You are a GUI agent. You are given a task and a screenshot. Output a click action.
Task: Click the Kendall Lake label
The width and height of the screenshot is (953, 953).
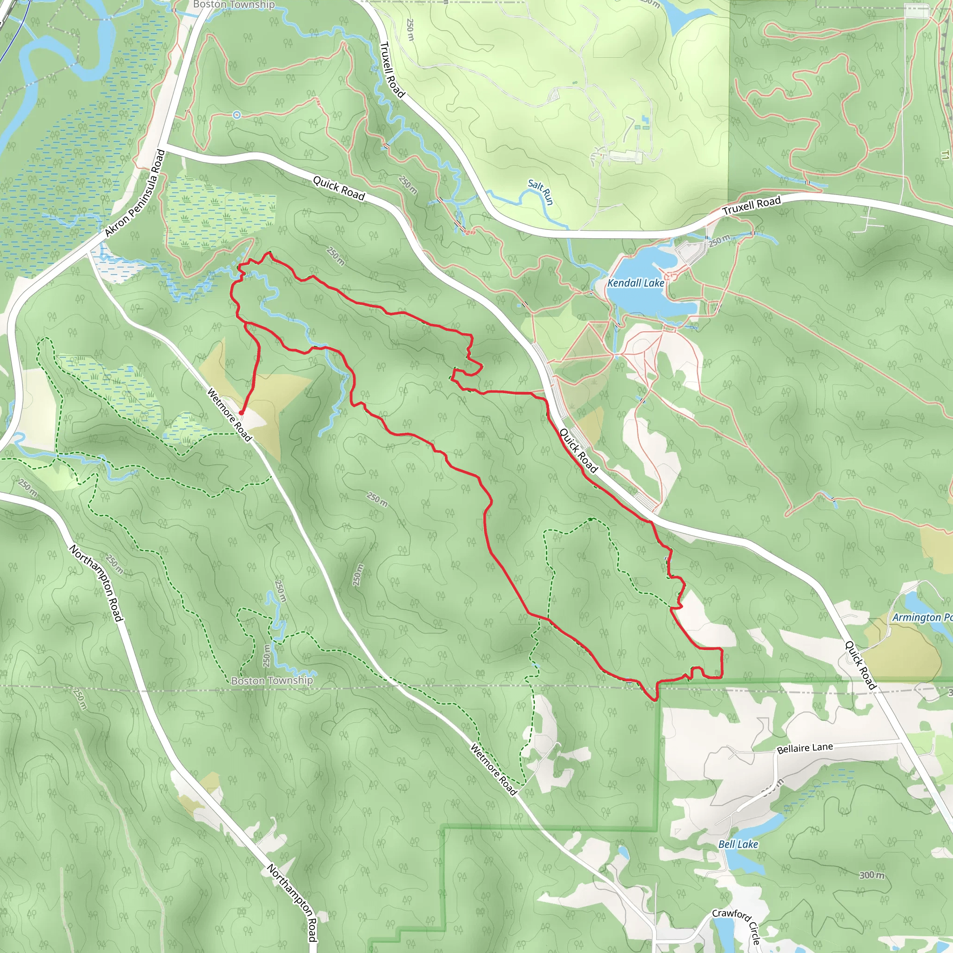[635, 283]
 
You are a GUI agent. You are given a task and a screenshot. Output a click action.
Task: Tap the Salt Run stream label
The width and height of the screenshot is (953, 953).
[541, 192]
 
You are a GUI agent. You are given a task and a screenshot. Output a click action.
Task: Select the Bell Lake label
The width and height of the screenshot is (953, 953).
[738, 844]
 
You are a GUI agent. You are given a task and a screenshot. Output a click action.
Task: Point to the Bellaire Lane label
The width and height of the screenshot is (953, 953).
[805, 748]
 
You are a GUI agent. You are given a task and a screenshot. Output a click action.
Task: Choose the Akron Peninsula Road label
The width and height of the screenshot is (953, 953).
[134, 193]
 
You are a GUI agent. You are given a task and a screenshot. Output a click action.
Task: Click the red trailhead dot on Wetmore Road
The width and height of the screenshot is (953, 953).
[242, 412]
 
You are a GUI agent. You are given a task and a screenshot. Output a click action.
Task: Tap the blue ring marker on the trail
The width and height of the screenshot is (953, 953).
[237, 115]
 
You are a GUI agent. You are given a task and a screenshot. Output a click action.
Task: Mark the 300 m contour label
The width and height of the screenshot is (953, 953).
[872, 875]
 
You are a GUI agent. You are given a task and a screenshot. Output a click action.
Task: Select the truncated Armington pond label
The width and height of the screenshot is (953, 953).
[921, 617]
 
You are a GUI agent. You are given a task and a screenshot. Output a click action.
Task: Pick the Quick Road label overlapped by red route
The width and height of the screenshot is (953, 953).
[578, 450]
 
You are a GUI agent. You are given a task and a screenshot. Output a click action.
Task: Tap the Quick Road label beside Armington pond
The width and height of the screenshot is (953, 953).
[860, 664]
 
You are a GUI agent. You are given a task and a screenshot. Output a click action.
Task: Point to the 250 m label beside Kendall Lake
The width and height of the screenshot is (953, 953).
[719, 241]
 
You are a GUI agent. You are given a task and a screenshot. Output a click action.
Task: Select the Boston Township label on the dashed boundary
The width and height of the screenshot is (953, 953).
[272, 681]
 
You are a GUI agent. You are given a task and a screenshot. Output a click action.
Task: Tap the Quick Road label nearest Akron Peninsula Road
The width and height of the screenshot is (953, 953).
[339, 188]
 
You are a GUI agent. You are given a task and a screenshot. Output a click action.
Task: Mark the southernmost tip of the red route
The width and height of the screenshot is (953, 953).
[655, 699]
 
